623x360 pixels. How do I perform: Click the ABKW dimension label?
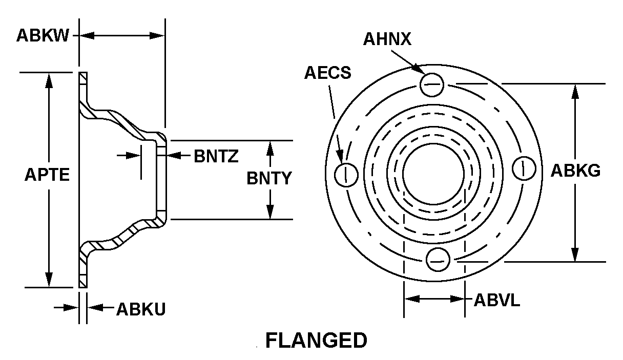click(43, 36)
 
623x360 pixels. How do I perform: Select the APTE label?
click(47, 175)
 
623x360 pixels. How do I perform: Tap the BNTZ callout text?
click(216, 156)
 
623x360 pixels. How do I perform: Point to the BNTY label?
click(269, 178)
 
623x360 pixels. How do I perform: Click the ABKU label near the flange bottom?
click(141, 309)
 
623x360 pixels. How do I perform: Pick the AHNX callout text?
click(387, 39)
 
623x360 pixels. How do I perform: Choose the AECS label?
click(328, 73)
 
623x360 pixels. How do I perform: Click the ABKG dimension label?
click(575, 171)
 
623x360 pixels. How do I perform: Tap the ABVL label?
click(496, 300)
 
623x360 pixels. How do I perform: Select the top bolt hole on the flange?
click(432, 84)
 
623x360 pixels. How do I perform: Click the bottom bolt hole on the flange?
click(437, 259)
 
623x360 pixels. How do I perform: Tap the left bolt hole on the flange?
click(346, 175)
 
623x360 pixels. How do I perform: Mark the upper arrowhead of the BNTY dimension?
click(271, 146)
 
